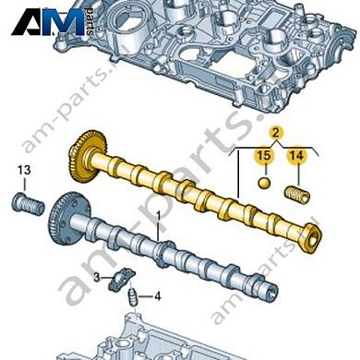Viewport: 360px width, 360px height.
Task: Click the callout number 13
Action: pos(24,170)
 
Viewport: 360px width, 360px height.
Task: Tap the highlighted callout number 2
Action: pos(276,133)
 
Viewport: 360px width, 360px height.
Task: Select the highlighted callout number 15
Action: pos(264,155)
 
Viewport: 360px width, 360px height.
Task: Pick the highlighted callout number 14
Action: pos(297,155)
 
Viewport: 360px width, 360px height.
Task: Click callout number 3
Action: pos(97,278)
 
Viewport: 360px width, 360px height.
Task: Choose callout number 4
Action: pos(157,296)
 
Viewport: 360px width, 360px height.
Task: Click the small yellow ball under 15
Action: pos(264,183)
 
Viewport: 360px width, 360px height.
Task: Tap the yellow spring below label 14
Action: pos(296,195)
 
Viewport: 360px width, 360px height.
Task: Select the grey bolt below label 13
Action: pos(28,205)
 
